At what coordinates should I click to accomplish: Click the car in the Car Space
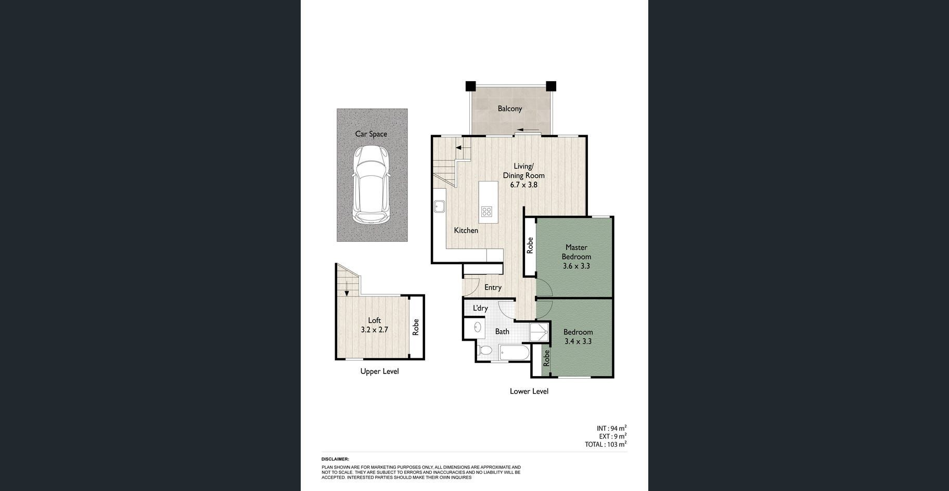371,185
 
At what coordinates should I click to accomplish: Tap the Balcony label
509,109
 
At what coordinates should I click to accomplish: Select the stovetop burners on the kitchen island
486,211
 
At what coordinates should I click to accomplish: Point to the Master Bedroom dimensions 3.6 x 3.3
576,266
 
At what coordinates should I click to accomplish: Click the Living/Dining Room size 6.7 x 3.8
523,185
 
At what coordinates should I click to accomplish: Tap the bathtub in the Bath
515,353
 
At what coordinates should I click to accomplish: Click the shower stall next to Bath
539,333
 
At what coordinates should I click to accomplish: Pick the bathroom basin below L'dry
477,327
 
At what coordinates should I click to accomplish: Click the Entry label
493,287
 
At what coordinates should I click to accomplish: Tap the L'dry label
480,308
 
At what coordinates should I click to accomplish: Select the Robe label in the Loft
416,327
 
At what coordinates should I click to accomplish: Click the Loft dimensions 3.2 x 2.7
374,330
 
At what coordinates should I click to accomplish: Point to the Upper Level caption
379,371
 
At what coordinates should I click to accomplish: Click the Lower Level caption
529,391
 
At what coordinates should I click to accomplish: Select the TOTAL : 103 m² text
606,444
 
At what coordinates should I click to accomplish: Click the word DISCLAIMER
335,459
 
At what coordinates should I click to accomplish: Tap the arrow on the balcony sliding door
528,130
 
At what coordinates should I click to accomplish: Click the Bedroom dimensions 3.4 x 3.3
578,342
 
